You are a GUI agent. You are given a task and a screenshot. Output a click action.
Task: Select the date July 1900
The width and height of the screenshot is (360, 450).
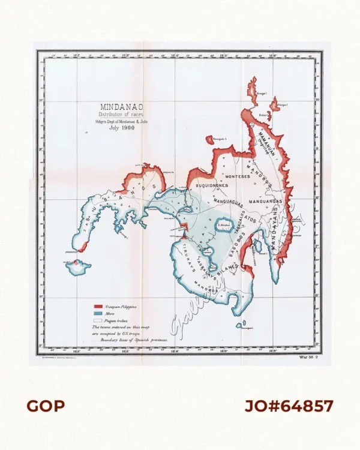click(118, 128)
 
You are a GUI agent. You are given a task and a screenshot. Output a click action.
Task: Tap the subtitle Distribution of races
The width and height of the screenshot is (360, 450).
click(118, 115)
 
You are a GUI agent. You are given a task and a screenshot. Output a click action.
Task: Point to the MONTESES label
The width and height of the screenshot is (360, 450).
click(238, 176)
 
